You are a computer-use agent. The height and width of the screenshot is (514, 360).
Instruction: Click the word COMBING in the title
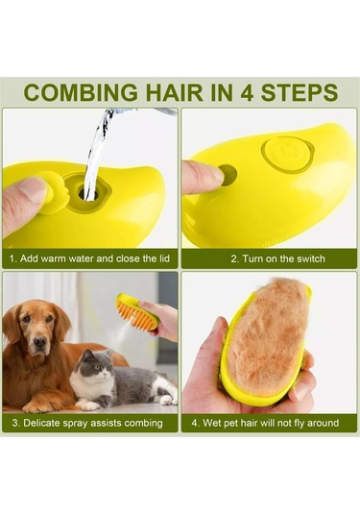(x=81, y=92)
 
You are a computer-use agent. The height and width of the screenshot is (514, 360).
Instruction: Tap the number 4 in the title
(x=248, y=92)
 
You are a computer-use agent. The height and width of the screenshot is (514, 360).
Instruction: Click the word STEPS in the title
(x=300, y=92)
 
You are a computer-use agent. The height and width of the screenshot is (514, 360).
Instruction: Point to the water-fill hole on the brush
(x=88, y=193)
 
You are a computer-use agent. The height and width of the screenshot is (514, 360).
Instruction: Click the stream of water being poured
(x=97, y=154)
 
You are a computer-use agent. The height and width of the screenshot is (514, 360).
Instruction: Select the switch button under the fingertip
(x=228, y=174)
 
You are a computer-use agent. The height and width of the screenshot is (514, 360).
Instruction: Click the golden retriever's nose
(x=40, y=342)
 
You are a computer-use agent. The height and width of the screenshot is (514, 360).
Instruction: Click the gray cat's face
(x=96, y=364)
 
